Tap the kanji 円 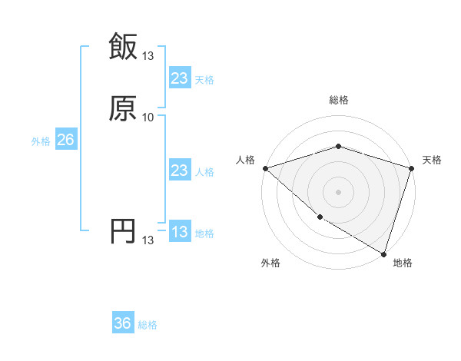click(123, 231)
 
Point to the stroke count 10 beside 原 click(148, 117)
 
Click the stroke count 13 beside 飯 click(148, 55)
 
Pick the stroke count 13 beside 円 click(148, 240)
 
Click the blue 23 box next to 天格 click(179, 78)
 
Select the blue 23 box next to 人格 click(179, 171)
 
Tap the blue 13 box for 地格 click(179, 232)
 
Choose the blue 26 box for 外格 click(65, 140)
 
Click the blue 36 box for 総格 click(123, 323)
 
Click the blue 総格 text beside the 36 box click(148, 325)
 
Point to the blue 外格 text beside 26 click(41, 141)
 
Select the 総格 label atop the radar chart click(338, 100)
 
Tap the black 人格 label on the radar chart click(245, 160)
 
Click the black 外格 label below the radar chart click(270, 263)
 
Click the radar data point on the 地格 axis click(383, 253)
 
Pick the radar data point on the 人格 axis click(265, 168)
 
